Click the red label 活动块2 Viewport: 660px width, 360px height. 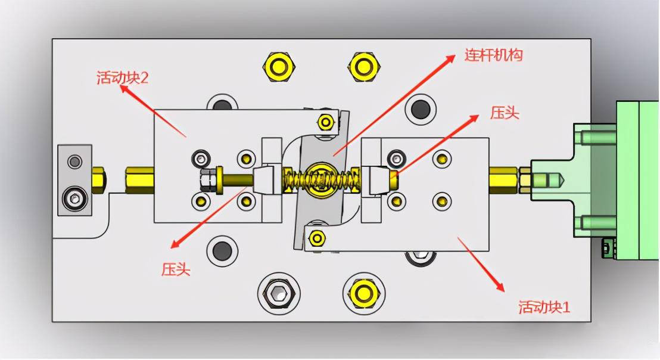(x=123, y=77)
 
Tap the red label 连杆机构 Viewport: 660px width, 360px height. (x=493, y=55)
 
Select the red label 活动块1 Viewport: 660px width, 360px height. (x=544, y=307)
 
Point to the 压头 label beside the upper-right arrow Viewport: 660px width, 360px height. (x=505, y=113)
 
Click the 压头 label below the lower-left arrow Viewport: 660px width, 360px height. (x=176, y=269)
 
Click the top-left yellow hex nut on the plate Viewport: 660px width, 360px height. (x=279, y=67)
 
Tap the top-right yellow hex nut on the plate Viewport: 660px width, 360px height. (x=364, y=67)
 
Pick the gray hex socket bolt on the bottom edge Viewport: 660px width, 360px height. (x=279, y=293)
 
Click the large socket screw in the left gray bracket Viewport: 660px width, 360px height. (x=75, y=198)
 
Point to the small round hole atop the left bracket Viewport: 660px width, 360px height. (x=75, y=161)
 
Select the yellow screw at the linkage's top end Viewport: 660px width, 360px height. (x=325, y=122)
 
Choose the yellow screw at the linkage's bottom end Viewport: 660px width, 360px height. (x=316, y=239)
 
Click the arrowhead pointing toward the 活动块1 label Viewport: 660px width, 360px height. (x=499, y=286)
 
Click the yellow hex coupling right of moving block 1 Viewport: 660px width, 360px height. (x=503, y=180)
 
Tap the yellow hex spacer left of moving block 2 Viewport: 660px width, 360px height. (x=139, y=180)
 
